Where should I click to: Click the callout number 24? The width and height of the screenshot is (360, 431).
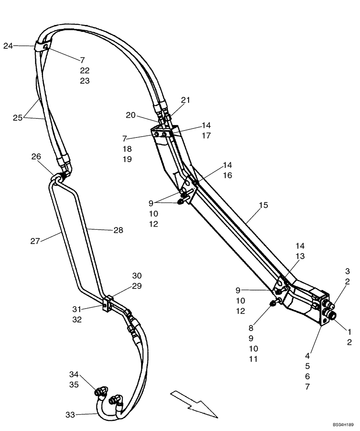coord(9,46)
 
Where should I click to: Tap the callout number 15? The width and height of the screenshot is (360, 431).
coord(263,205)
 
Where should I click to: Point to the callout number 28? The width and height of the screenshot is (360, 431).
coord(118,231)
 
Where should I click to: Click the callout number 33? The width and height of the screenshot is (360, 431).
coord(70,415)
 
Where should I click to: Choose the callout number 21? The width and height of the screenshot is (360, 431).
coord(186,100)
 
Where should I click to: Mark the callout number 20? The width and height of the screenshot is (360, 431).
coord(131,115)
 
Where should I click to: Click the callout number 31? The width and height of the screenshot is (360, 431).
coord(77,309)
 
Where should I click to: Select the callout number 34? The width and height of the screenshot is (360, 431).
coord(74,374)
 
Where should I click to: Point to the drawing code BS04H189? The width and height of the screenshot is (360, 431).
coord(343,425)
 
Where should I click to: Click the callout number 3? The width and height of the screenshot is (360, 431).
coord(347,271)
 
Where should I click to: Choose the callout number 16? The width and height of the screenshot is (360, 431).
coord(228,175)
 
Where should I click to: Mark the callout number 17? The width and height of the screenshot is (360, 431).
coord(206,136)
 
